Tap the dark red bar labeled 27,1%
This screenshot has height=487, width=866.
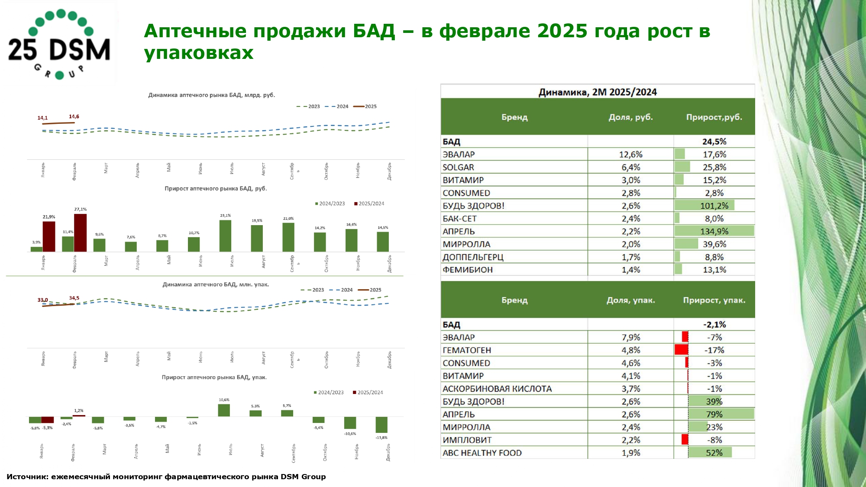80,233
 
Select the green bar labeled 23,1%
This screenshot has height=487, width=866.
225,236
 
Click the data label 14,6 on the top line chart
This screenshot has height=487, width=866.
74,116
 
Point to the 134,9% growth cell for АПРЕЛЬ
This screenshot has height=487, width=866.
714,231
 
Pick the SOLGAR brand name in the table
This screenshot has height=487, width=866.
458,167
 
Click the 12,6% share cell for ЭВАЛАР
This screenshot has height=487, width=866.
630,155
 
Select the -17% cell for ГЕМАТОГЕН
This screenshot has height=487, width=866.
714,350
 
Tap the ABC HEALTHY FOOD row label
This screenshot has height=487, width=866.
482,453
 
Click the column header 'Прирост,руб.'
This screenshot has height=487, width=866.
714,117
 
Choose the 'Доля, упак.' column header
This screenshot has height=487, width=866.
630,300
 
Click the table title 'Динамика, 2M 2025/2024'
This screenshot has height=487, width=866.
598,92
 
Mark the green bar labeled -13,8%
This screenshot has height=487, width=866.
381,425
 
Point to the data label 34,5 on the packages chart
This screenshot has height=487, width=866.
74,298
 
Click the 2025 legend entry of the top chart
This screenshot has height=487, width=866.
366,106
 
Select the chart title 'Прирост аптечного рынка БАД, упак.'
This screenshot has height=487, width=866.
214,377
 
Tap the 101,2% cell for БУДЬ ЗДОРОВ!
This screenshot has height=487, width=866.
714,206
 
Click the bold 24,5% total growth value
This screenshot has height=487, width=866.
714,142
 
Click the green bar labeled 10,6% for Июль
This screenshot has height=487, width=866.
224,410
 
